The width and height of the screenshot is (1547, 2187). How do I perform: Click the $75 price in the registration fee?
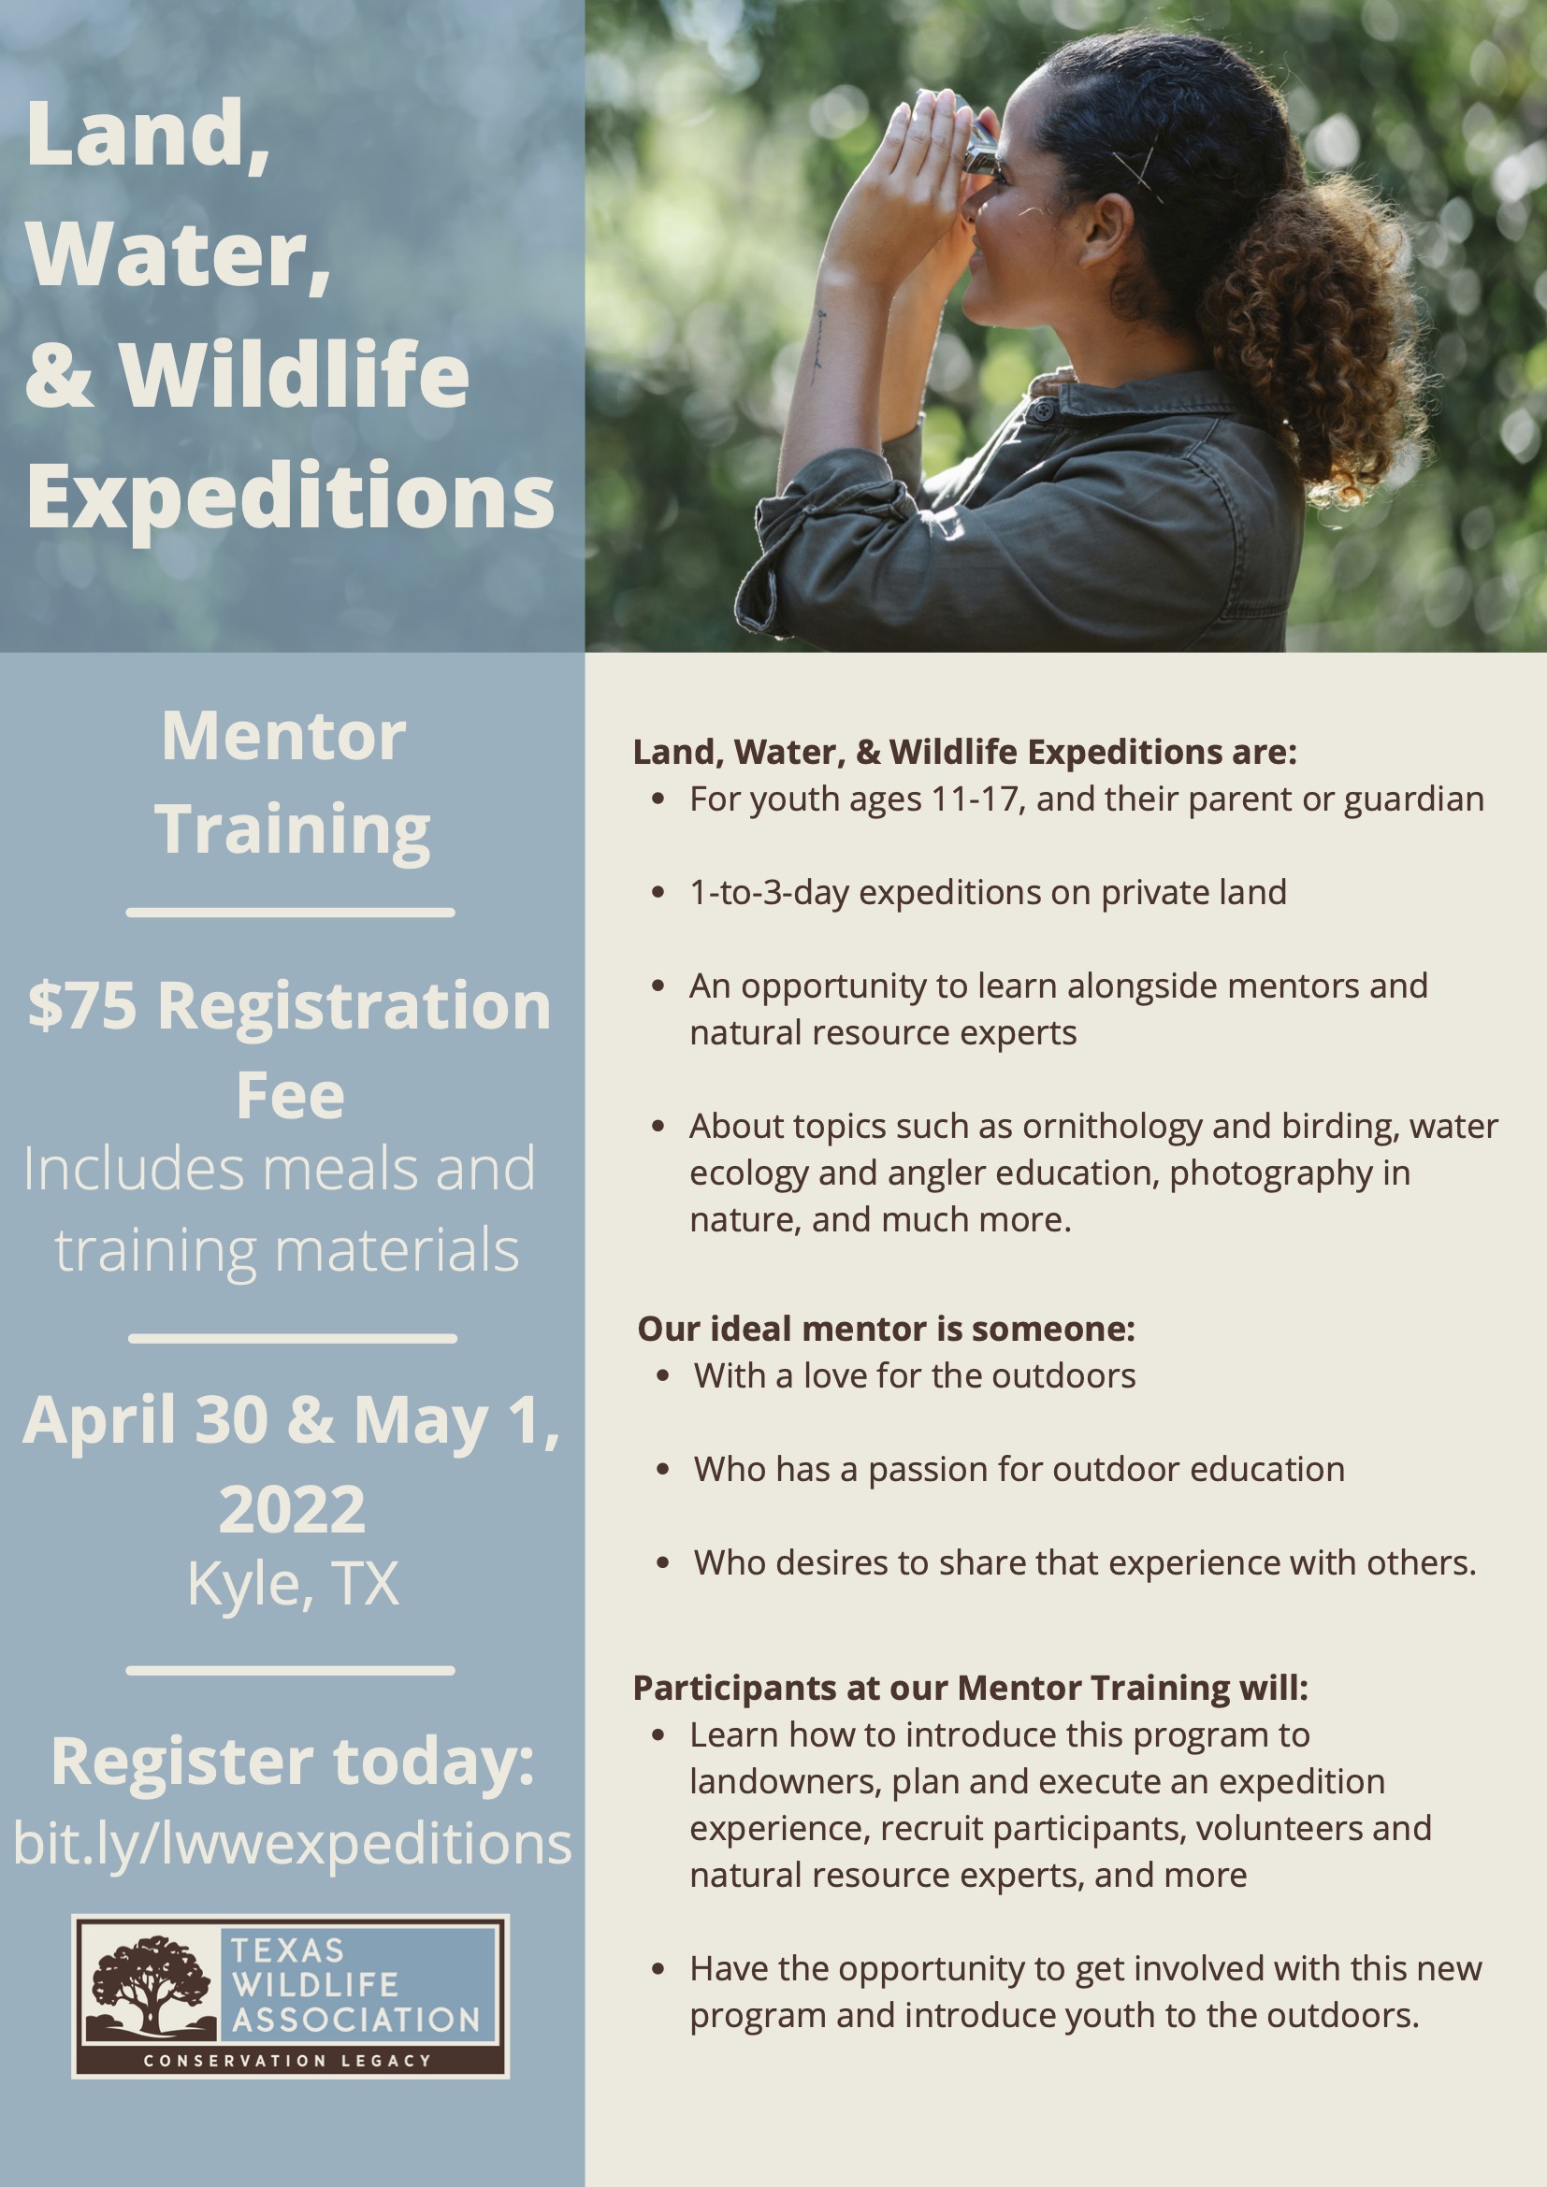[x=83, y=1006]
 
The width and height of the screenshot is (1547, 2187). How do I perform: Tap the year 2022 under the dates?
[x=293, y=1509]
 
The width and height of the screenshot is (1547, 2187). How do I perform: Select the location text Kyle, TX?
[x=293, y=1584]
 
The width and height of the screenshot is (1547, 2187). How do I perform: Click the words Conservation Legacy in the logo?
[x=288, y=2061]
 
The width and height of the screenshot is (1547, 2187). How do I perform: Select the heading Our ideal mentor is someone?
[x=886, y=1328]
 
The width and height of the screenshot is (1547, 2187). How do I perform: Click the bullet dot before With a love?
[x=663, y=1376]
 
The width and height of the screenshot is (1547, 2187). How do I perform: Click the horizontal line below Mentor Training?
[x=291, y=913]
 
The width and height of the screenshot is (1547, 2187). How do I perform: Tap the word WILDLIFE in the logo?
[x=315, y=1985]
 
